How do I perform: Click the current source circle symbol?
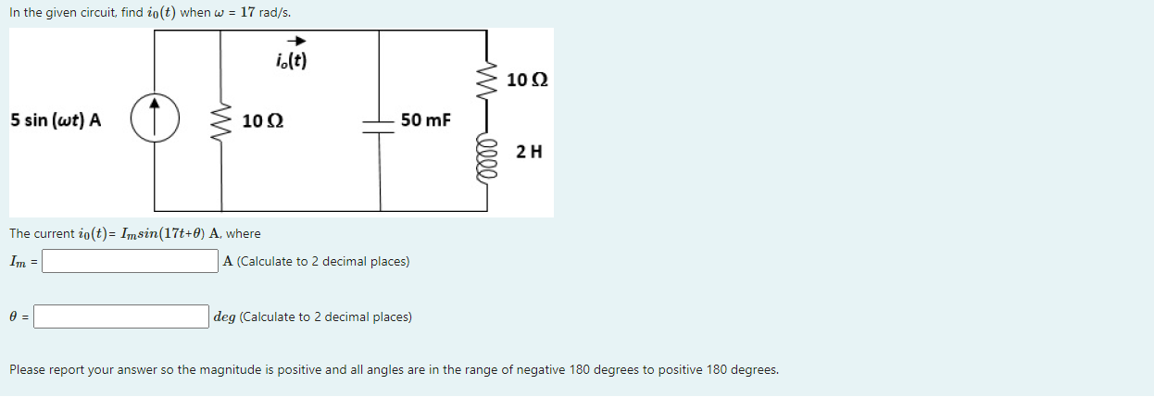(155, 120)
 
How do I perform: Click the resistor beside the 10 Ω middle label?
(221, 121)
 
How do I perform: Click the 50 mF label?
(425, 120)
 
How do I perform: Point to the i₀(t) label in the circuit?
(293, 62)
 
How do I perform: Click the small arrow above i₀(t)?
(296, 41)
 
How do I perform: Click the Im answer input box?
(131, 261)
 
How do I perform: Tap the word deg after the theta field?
(224, 317)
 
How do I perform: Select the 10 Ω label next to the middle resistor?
(263, 121)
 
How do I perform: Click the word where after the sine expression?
(244, 233)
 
